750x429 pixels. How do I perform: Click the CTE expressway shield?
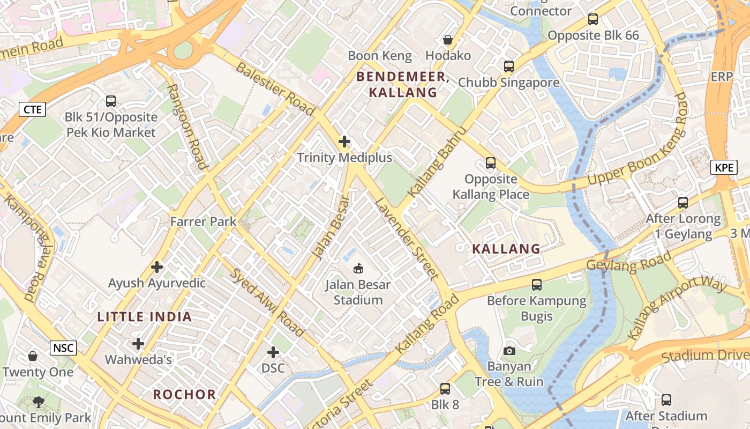[x=33, y=109]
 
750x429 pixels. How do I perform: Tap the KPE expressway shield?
[x=724, y=167]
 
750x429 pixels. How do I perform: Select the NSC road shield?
[x=64, y=348]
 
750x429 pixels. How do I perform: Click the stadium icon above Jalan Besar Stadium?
[x=358, y=268]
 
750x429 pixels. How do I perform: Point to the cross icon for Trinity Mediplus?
[x=344, y=142]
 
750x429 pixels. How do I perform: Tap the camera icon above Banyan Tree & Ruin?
[x=509, y=351]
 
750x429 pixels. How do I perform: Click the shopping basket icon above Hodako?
[x=448, y=40]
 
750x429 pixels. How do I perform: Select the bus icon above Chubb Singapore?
[x=509, y=66]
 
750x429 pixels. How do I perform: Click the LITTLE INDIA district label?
[x=145, y=316]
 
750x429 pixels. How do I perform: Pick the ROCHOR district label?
[x=184, y=395]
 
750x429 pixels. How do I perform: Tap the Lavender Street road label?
[x=407, y=239]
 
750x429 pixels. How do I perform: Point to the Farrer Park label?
[x=203, y=221]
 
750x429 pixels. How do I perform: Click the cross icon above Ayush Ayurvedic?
[x=157, y=267]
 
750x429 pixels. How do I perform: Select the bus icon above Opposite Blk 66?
[x=593, y=19]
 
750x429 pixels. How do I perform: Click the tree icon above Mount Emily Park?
[x=38, y=402]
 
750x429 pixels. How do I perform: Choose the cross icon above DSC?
[x=273, y=352]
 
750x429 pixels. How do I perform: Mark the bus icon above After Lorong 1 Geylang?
[x=683, y=203]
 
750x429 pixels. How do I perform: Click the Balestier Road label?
[x=275, y=88]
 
